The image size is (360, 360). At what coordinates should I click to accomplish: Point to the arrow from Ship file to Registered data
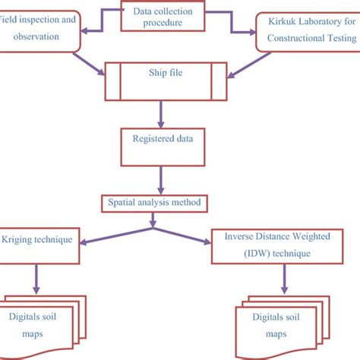click(x=160, y=115)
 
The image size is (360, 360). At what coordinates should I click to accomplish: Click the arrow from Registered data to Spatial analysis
click(x=160, y=180)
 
